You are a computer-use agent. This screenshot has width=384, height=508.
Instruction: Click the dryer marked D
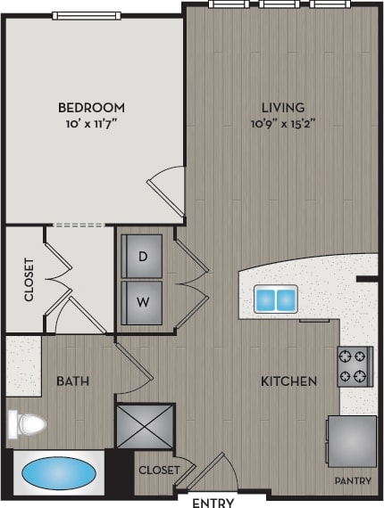[x=142, y=257]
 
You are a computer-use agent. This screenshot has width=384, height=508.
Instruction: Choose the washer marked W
[x=142, y=301]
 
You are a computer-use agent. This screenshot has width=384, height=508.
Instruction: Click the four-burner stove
[x=354, y=365]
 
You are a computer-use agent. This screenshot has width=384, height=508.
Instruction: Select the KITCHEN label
[x=288, y=381]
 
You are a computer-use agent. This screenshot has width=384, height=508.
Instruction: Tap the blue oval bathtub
[x=58, y=472]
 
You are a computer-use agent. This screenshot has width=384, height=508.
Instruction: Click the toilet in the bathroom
[x=25, y=422]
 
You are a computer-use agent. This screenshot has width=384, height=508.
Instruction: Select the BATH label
[x=72, y=381]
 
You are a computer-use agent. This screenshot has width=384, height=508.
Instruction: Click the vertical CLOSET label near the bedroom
[x=29, y=279]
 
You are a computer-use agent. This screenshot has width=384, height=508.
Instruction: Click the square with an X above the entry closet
[x=145, y=425]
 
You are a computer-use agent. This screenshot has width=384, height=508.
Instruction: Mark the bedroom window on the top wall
[x=88, y=15]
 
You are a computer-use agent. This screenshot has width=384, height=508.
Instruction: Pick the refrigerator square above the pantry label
[x=351, y=439]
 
